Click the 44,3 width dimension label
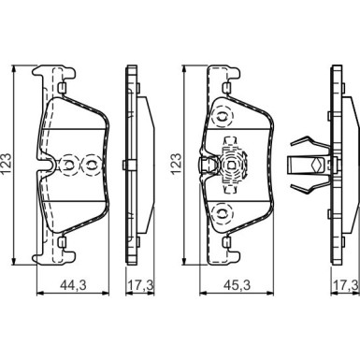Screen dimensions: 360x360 click(x=73, y=285)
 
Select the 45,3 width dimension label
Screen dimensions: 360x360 click(x=238, y=285)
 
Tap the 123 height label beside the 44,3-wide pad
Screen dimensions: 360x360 click(x=7, y=164)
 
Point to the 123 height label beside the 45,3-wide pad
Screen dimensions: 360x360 click(x=176, y=164)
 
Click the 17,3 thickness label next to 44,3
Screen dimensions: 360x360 click(x=139, y=285)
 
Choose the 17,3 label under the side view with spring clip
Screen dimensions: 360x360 click(x=346, y=285)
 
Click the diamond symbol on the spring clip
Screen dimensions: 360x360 click(x=317, y=164)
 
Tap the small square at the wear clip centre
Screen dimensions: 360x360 click(x=231, y=165)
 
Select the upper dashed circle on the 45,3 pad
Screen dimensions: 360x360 click(x=222, y=118)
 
